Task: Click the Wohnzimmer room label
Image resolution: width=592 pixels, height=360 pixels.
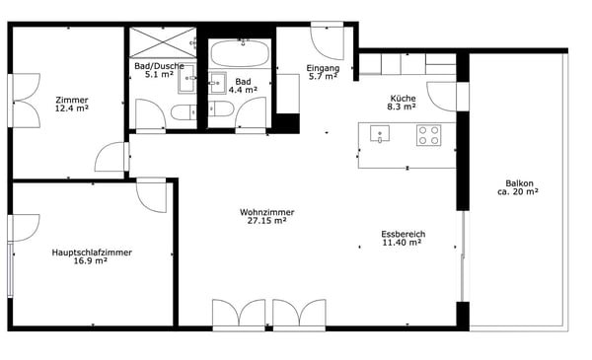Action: pos(267,212)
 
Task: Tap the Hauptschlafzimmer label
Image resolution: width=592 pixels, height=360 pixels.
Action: pos(92,252)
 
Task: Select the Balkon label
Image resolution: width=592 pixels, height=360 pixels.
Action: pos(520,183)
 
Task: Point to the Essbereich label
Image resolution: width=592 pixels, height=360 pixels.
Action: pos(404,234)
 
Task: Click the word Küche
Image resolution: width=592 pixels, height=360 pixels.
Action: pos(403,98)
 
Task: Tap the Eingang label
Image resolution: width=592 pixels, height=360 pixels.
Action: pos(323,68)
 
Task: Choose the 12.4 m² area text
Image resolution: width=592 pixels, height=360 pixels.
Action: pos(72,108)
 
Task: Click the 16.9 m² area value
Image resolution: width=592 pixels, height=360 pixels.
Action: pos(90,260)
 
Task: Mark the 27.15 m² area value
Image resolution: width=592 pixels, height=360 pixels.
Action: pos(266,221)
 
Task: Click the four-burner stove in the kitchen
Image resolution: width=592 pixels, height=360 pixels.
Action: pos(429,135)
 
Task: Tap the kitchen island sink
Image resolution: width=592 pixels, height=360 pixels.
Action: pos(380,134)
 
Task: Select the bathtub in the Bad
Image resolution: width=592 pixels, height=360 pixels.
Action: pos(240,53)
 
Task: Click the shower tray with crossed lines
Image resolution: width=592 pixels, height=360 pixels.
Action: pos(163,42)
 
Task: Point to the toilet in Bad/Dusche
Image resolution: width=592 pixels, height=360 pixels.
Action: pos(184,112)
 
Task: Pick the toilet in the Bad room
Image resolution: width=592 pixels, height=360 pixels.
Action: pos(221,108)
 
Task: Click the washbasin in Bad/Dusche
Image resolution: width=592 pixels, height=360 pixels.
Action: pos(186,79)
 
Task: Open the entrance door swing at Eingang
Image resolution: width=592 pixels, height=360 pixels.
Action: pos(327,40)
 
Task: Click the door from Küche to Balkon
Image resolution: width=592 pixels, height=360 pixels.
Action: pos(442,97)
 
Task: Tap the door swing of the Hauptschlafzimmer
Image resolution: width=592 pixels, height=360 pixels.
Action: pos(151,195)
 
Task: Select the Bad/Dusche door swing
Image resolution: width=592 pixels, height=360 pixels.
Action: pos(151,114)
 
